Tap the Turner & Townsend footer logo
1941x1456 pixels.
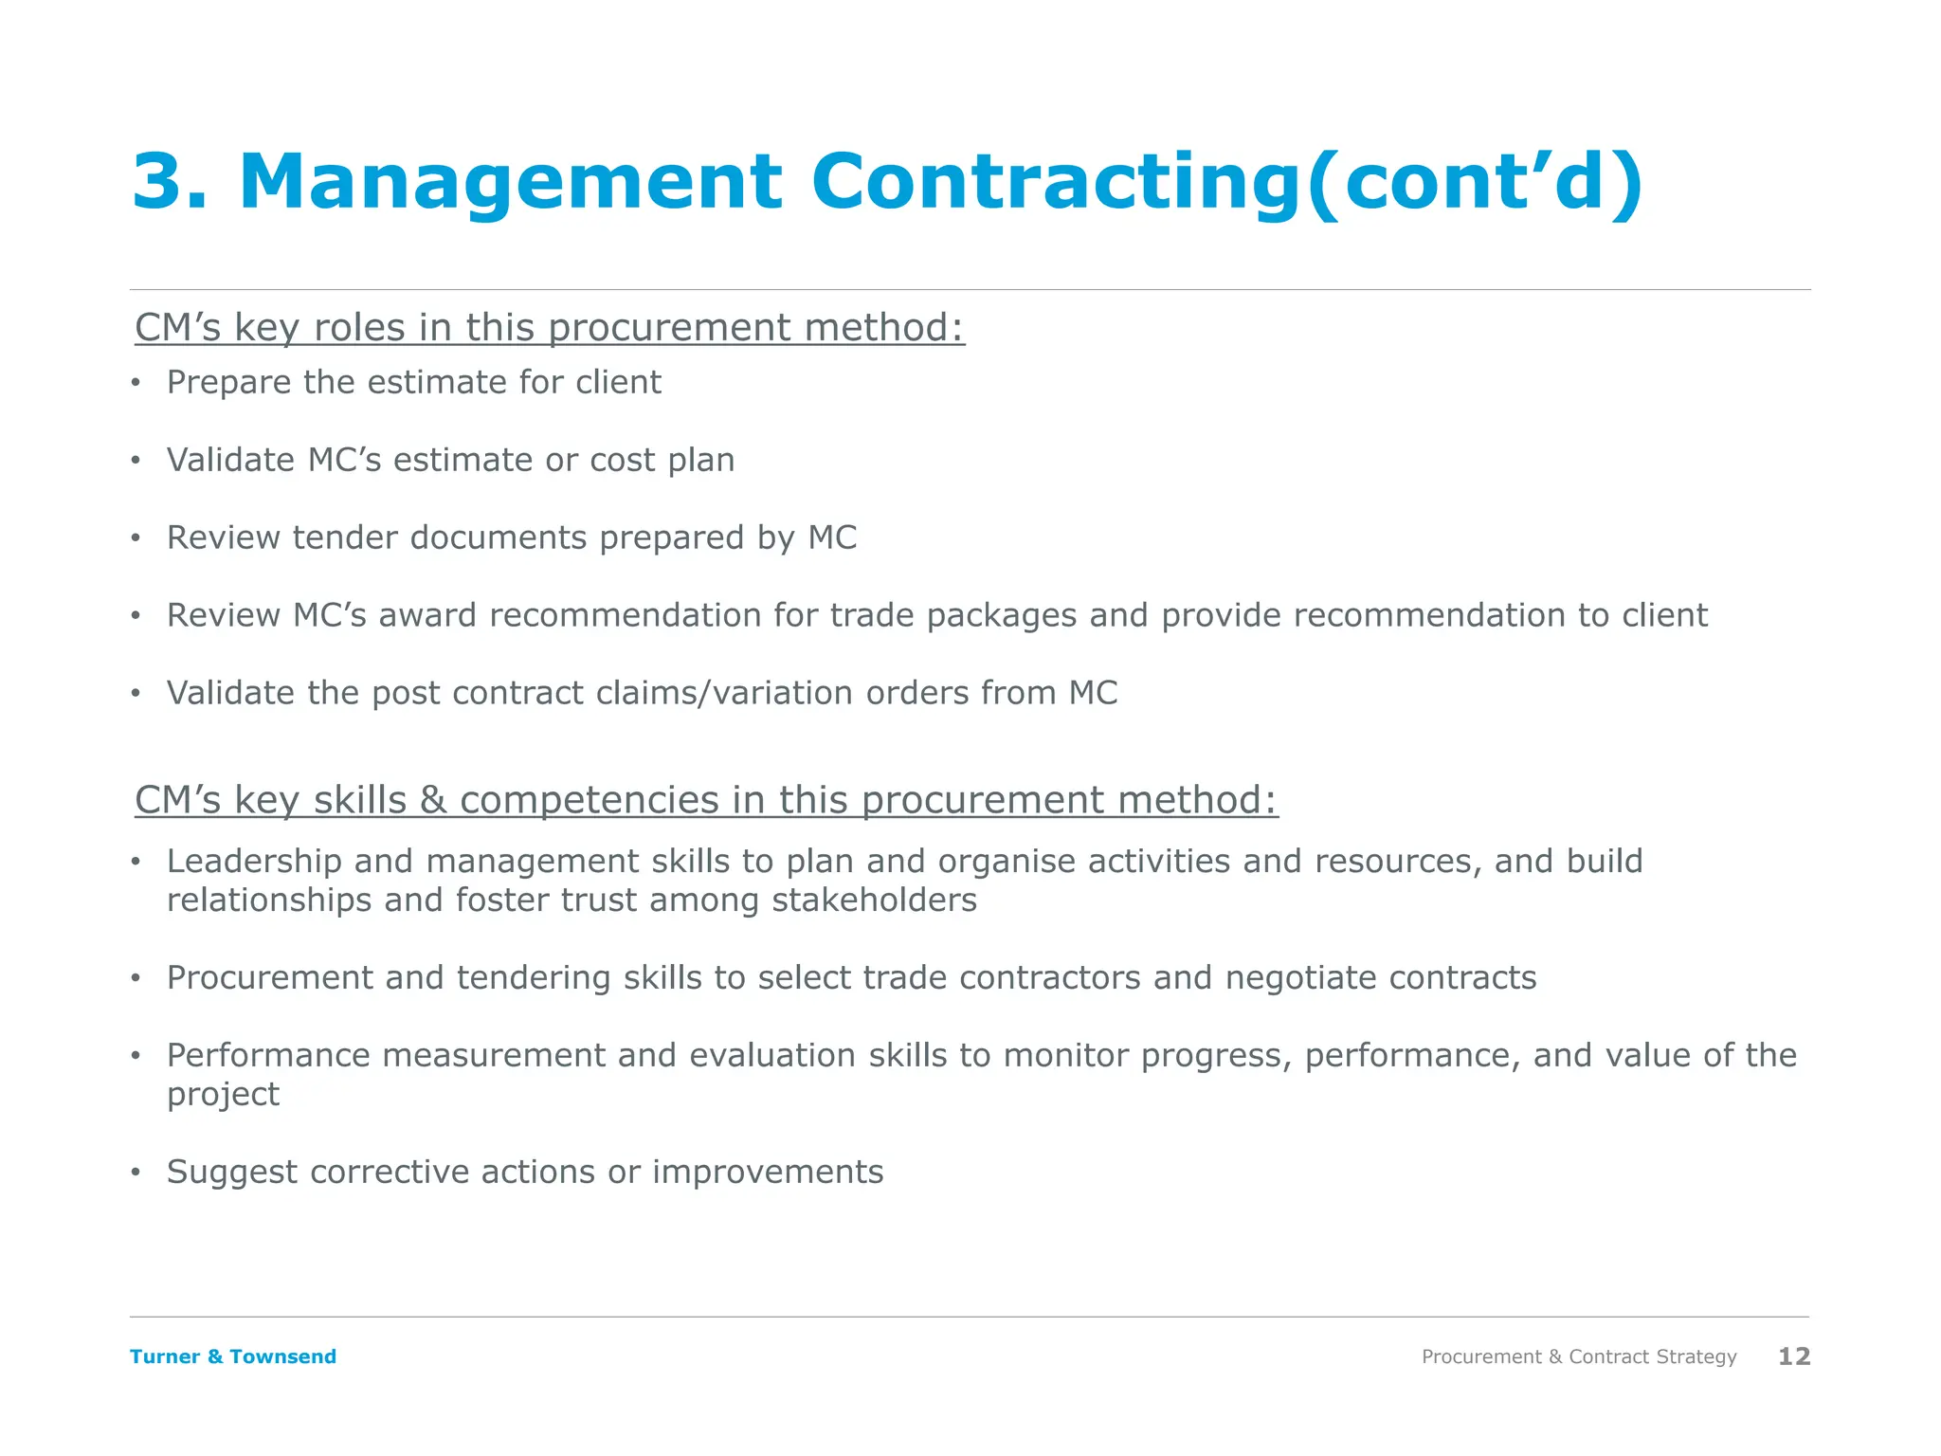pos(233,1356)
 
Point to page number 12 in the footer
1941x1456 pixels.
pos(1794,1356)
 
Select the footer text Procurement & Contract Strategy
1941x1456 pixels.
pos(1579,1356)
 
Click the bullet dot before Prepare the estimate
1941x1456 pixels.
pos(136,383)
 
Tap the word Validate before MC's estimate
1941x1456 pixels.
pos(230,460)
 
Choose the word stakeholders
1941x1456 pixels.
pos(874,901)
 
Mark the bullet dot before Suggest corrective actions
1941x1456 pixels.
pos(136,1173)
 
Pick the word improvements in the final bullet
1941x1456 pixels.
pos(768,1173)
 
